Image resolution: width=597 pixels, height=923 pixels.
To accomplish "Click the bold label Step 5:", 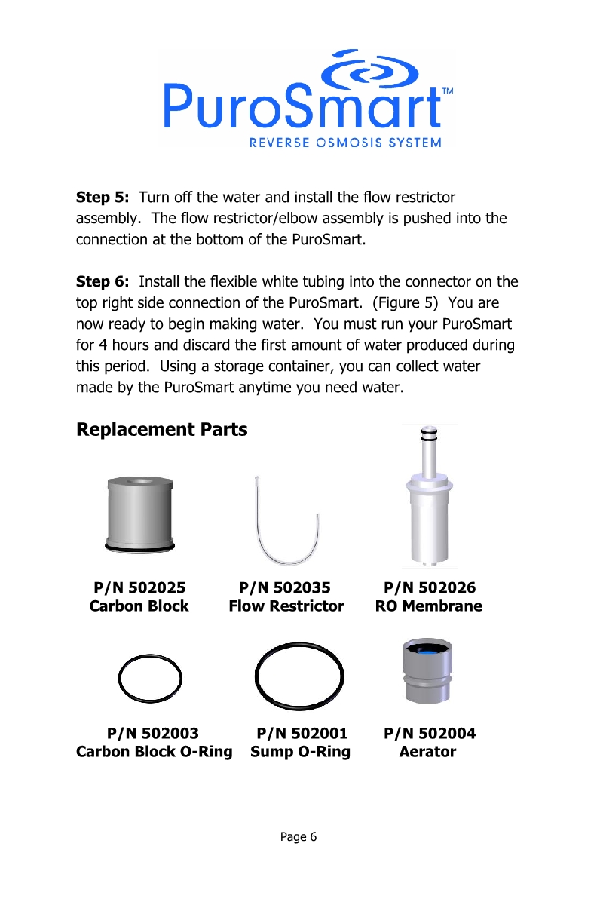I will [x=103, y=198].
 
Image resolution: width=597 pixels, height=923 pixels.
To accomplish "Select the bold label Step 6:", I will [x=103, y=282].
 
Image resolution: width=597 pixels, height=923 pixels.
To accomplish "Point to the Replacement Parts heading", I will [x=162, y=430].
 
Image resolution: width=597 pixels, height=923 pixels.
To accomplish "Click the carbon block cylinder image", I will [x=139, y=513].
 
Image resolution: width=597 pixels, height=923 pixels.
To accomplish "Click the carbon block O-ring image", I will [x=151, y=676].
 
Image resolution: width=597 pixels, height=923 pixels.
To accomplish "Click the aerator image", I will [x=427, y=670].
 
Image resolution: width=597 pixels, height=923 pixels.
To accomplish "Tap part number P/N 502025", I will [x=139, y=588].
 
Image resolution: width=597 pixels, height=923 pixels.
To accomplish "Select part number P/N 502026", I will [x=430, y=588].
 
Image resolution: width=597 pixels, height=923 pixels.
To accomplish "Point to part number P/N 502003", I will [x=154, y=733].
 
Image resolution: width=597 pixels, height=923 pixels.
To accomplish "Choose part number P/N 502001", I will [x=302, y=733].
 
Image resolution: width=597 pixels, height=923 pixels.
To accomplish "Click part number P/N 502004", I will [x=430, y=733].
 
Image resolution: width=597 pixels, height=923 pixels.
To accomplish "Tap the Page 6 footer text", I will [x=298, y=836].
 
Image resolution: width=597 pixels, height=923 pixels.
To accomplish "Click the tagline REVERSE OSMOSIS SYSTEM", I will [x=346, y=143].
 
